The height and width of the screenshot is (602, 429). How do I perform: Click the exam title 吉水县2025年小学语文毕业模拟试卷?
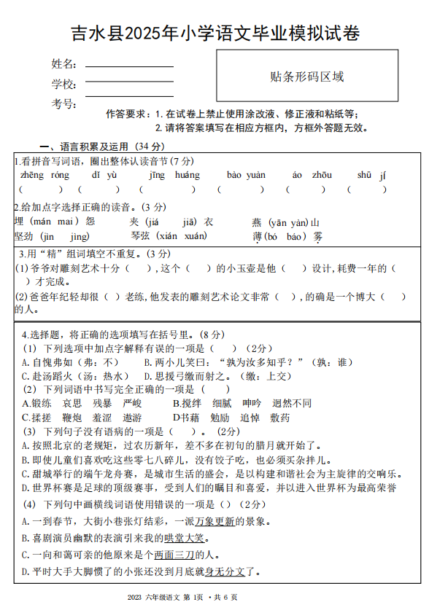214,34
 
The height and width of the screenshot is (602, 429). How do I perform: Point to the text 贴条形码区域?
306,77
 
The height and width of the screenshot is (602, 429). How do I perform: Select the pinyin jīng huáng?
174,175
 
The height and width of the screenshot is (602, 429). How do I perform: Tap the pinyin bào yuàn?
246,175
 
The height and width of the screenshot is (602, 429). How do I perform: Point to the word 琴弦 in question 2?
142,236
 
